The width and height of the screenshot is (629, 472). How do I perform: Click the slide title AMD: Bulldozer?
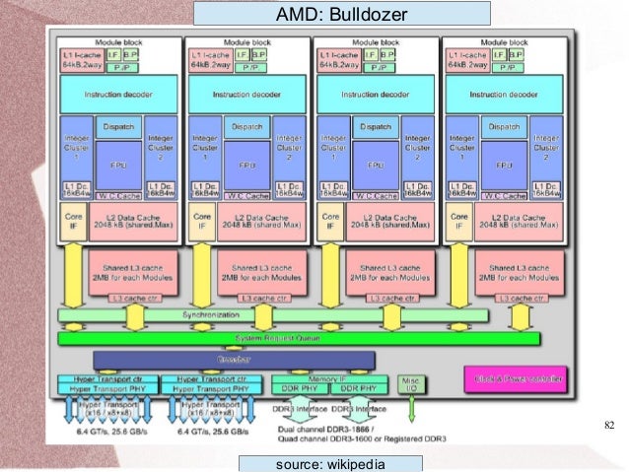click(x=340, y=13)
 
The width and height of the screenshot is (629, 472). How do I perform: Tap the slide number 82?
click(x=607, y=425)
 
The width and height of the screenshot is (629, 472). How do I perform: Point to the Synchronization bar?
click(x=272, y=315)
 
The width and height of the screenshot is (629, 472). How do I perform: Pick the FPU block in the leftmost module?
click(x=117, y=165)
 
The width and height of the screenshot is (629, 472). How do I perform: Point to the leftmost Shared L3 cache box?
click(x=132, y=270)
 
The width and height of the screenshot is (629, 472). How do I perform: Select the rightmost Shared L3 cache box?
click(x=520, y=270)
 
